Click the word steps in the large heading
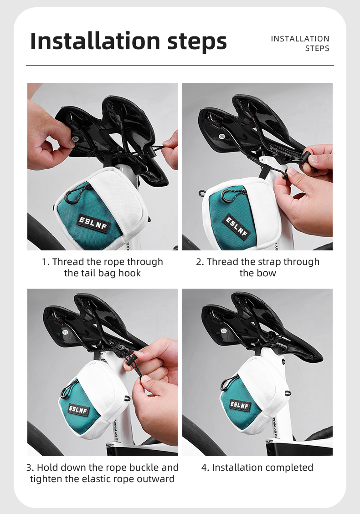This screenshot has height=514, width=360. pos(197,42)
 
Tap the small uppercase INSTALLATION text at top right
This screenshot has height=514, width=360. pos(300,39)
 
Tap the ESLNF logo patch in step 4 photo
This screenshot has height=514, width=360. pos(240,404)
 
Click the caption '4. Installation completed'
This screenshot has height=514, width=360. pos(257,468)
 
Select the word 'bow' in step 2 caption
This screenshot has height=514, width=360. pos(268,273)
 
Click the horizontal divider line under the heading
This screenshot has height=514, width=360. pos(180,65)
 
